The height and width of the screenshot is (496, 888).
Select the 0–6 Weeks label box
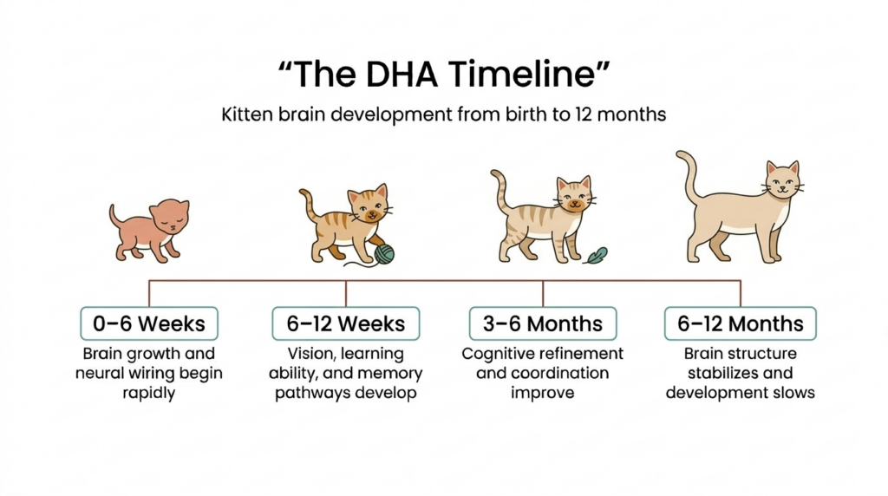[x=149, y=323]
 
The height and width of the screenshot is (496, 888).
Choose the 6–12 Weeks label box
[x=345, y=323]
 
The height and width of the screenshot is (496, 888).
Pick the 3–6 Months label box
[x=543, y=323]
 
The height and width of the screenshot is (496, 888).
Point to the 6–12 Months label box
[x=740, y=323]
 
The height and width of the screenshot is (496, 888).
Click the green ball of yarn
[x=383, y=253]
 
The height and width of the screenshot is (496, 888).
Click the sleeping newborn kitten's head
[x=169, y=217]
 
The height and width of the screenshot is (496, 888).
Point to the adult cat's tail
[x=691, y=178]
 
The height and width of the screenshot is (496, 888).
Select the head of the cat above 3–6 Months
[x=574, y=194]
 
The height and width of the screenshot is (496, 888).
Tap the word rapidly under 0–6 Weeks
[x=149, y=393]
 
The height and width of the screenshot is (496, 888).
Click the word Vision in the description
[x=310, y=354]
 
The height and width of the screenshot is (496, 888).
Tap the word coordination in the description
[x=555, y=374]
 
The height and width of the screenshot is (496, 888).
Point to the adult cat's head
[x=782, y=179]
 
